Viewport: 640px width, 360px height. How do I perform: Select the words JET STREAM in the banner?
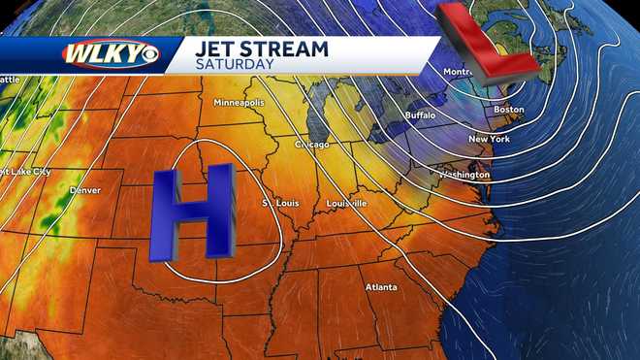point(261,48)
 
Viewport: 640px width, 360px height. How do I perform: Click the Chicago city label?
point(312,145)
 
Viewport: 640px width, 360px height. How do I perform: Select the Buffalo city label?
point(420,115)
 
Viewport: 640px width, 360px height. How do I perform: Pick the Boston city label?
point(509,110)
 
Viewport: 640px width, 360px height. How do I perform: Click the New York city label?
point(489,139)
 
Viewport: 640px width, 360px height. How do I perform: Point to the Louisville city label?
point(346,204)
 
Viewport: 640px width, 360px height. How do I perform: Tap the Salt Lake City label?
point(26,172)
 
